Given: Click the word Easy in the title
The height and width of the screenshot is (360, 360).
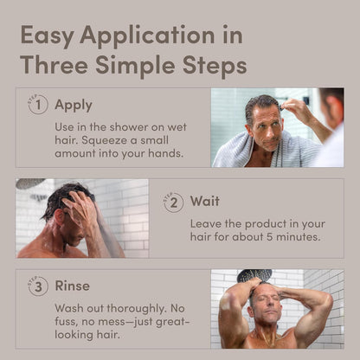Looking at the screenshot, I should (47, 37).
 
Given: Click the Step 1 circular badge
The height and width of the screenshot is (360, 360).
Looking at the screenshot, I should (37, 105).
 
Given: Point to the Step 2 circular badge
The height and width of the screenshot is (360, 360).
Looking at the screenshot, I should (173, 202).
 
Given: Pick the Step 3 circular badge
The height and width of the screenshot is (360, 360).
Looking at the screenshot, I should (37, 286).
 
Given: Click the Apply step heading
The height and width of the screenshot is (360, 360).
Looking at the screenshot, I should (73, 105).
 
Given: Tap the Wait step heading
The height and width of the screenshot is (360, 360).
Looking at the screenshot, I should (204, 202).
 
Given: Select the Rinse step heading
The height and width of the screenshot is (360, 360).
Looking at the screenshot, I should (73, 286).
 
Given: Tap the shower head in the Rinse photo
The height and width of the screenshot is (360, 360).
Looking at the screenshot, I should (254, 276).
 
